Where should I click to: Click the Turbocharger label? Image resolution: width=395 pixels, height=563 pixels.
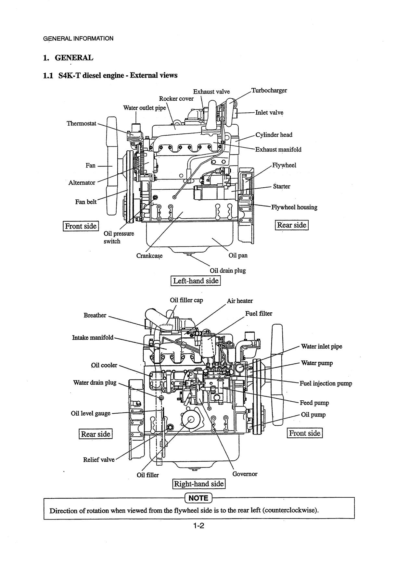[269, 90]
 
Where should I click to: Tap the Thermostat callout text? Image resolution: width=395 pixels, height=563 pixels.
[82, 123]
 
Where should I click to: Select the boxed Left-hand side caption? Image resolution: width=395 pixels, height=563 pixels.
[196, 281]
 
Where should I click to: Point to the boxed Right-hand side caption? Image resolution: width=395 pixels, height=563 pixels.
[199, 484]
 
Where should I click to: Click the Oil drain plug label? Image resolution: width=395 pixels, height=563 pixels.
[228, 270]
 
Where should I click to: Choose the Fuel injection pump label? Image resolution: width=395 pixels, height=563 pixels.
[326, 383]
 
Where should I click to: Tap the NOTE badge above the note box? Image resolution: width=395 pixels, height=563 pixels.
[198, 498]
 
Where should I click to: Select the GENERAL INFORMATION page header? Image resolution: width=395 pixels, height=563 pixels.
[78, 38]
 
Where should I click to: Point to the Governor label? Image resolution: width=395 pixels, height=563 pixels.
[245, 474]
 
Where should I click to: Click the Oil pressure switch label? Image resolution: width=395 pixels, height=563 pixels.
[119, 237]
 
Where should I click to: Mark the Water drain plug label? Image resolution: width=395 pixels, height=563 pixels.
[95, 382]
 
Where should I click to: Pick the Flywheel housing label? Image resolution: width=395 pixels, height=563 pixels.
[294, 207]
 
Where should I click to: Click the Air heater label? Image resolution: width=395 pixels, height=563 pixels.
[240, 301]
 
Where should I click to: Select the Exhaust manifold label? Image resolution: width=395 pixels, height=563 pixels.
[278, 150]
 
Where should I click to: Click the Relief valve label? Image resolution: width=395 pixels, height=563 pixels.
[99, 460]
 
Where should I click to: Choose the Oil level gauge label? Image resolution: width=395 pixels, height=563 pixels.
[91, 414]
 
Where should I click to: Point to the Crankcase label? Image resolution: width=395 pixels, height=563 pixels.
[149, 256]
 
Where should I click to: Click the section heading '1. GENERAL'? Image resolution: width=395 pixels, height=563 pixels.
[68, 58]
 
